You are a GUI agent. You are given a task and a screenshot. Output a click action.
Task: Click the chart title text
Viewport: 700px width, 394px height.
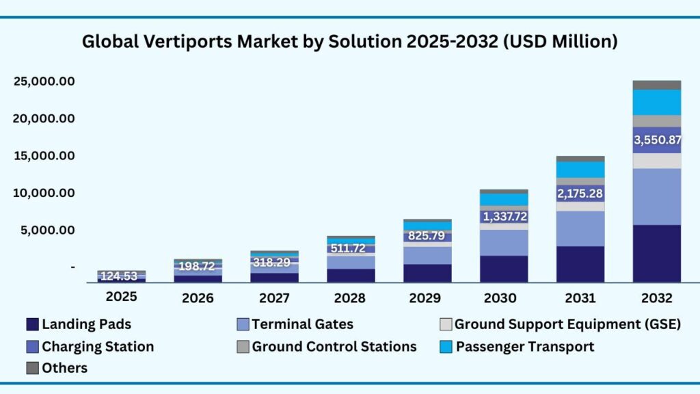coord(350,42)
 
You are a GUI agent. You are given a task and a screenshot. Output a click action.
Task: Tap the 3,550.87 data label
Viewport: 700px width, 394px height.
coord(657,140)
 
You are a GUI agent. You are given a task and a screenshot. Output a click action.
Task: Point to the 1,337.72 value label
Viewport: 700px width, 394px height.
coord(504,218)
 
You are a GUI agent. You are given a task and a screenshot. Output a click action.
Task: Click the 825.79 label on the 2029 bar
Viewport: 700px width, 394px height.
coord(427,237)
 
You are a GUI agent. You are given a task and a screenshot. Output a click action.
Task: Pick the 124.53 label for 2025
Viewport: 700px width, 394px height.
coord(121,276)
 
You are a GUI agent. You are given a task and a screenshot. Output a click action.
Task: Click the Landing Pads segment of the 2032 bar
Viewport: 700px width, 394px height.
coord(657,253)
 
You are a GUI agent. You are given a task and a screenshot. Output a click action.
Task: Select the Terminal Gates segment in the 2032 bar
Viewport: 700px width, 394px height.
coord(657,196)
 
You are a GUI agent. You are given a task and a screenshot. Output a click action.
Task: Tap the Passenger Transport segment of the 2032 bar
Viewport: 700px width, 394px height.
coord(657,103)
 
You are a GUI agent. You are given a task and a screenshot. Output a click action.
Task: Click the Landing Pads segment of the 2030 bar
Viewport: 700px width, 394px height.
coord(504,269)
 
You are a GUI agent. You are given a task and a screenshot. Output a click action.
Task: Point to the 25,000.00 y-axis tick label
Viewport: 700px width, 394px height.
coord(43,82)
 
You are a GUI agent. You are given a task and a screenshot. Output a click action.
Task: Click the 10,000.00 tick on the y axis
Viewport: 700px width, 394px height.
coord(43,193)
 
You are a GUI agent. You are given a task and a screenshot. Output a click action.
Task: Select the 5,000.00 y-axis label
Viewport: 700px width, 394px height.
coord(43,231)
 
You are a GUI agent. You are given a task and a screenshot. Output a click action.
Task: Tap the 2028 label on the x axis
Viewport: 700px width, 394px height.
coord(351,298)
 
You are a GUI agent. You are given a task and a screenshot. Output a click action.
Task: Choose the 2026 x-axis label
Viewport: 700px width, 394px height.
coord(198,298)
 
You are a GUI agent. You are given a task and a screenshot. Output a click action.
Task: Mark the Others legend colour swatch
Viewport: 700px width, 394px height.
coord(32,368)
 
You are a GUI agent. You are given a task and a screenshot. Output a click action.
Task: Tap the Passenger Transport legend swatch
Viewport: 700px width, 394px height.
coord(446,347)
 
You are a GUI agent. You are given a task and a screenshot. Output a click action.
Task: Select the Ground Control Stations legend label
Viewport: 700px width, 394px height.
coord(334,347)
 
